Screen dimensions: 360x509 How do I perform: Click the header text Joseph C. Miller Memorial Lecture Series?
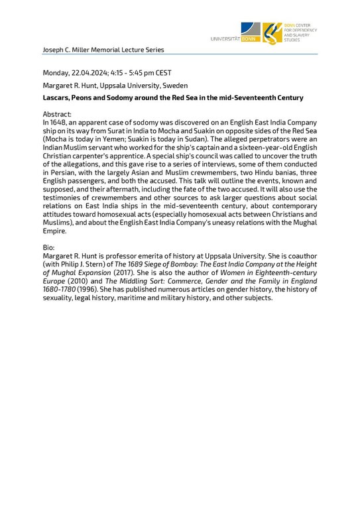click(x=103, y=50)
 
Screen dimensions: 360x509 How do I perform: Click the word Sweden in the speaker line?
click(x=174, y=85)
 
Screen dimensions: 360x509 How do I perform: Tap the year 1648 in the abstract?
click(x=59, y=123)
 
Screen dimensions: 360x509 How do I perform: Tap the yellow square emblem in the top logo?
click(x=272, y=32)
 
